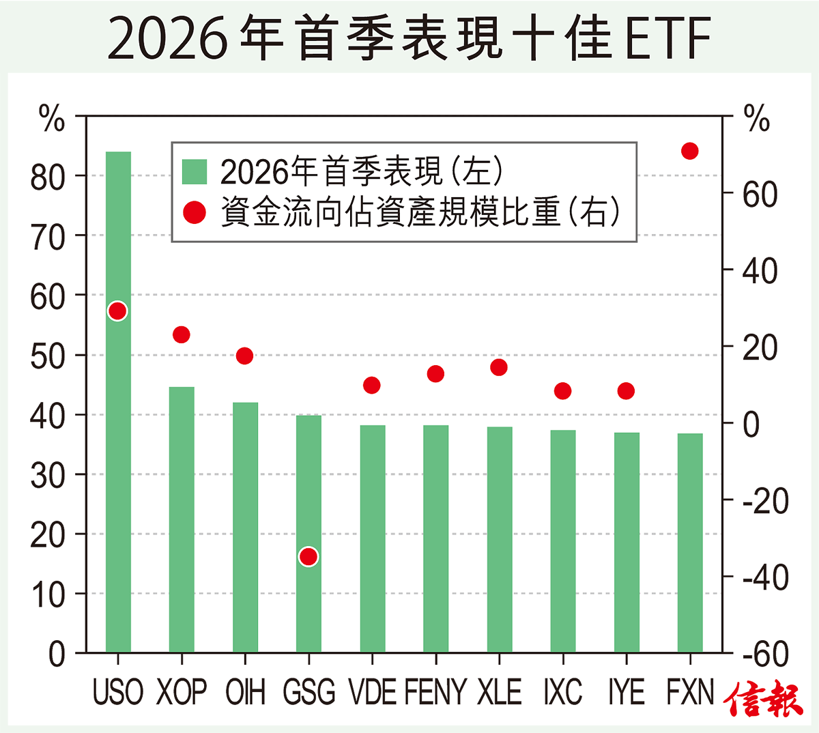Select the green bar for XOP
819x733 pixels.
tap(182, 519)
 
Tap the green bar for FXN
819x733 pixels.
tap(690, 543)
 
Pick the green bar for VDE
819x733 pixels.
tap(372, 538)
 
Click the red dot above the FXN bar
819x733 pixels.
tap(690, 152)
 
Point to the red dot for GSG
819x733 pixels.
tap(308, 557)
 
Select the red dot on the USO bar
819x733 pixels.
tap(117, 311)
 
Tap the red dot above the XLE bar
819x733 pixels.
tap(499, 367)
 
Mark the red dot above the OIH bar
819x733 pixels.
tap(244, 356)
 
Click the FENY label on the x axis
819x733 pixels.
tap(435, 692)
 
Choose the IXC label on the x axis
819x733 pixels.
tap(562, 692)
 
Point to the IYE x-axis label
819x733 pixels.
tap(626, 692)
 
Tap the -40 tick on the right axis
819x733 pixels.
tap(765, 578)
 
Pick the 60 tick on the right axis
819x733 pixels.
tap(760, 195)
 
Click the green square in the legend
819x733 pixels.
tap(195, 172)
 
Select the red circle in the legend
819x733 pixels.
tap(195, 213)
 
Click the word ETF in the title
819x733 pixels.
tap(666, 38)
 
